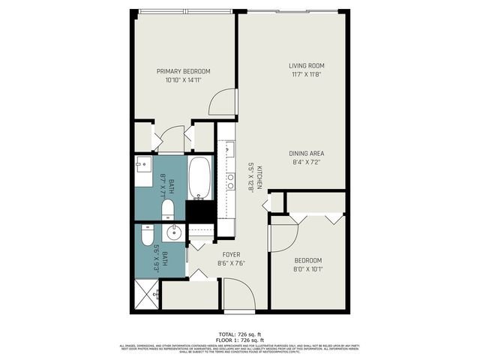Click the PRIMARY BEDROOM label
pos(183,71)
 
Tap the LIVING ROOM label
pos(306,65)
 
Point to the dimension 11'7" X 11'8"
pos(306,75)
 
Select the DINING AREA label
pos(306,153)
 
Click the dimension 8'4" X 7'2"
pos(306,163)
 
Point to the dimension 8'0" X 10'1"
pos(307,269)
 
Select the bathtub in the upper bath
pos(199,178)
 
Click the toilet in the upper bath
pos(168,207)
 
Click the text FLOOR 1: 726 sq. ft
pos(240,339)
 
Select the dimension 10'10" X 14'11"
pos(183,81)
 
